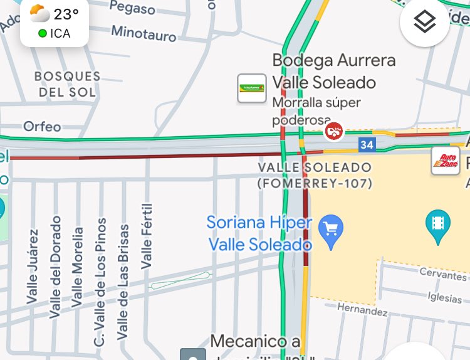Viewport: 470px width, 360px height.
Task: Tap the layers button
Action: (x=424, y=23)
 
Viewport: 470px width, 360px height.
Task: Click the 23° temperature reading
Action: (x=66, y=14)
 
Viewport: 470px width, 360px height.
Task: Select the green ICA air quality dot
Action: (x=42, y=33)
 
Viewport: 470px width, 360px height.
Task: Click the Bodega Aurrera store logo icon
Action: (x=251, y=88)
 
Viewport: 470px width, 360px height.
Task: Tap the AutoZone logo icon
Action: (x=445, y=161)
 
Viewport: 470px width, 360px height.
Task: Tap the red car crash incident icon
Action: (x=335, y=131)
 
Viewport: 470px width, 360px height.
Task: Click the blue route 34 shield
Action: (x=367, y=145)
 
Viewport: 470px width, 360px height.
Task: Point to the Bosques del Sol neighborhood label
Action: (x=67, y=84)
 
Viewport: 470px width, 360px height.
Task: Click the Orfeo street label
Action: (x=42, y=127)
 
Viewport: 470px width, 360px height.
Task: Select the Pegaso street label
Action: (x=132, y=8)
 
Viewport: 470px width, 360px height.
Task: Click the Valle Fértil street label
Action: (x=147, y=238)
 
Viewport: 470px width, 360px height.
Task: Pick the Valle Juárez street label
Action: (x=33, y=267)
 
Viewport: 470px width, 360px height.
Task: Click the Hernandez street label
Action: (x=362, y=309)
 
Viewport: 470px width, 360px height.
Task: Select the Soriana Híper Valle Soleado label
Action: (x=259, y=233)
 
